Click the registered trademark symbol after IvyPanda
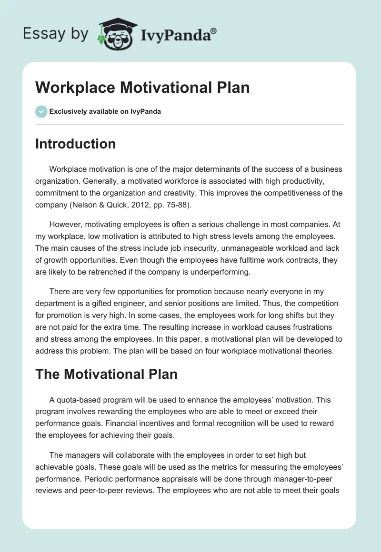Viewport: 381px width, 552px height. [x=213, y=31]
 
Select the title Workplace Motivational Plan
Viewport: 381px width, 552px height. [x=142, y=88]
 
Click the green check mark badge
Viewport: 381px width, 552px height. [x=41, y=111]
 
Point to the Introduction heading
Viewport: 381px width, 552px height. [x=75, y=144]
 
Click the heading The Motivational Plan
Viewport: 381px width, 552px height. [x=106, y=374]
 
